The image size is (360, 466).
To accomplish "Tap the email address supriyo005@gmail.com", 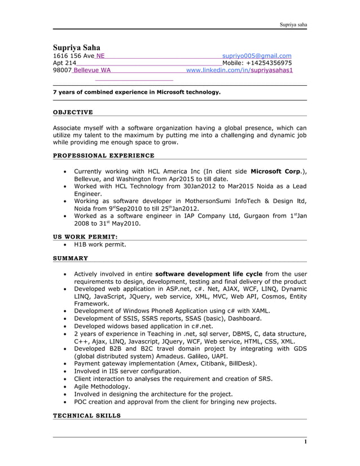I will pos(257,56).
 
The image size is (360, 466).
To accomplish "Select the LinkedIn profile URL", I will pos(239,71).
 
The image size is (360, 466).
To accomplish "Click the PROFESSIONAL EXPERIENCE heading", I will pos(103,155).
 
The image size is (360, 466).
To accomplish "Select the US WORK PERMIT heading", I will pos(85,236).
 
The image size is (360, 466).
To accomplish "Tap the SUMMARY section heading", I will pos(71,258).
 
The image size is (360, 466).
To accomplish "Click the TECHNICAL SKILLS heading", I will pos(86,415).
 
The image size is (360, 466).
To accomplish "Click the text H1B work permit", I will pos(100,245).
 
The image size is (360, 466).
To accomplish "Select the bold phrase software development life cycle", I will pos(208,274).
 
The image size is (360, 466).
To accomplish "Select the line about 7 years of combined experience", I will pos(137,91).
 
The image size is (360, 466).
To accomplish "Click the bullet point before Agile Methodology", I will pos(67,387).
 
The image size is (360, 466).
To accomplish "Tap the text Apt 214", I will pos(64,63).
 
